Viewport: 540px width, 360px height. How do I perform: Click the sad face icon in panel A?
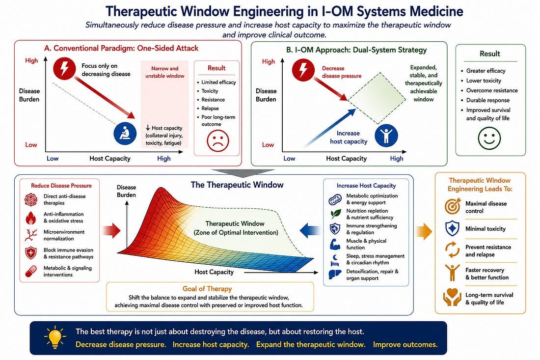(x=217, y=140)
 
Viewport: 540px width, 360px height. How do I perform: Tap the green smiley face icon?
(x=489, y=138)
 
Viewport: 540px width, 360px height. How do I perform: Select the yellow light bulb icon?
(x=55, y=337)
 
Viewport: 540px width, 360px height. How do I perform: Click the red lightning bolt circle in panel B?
(x=303, y=70)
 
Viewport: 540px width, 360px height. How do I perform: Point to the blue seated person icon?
(x=125, y=133)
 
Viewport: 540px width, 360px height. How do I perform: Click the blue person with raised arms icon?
(x=386, y=135)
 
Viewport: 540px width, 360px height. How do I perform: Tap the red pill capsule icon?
(x=31, y=271)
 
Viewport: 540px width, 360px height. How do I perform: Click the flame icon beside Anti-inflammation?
(x=31, y=218)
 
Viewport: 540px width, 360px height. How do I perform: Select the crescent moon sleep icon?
(x=335, y=260)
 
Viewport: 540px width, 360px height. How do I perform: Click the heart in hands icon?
(x=452, y=297)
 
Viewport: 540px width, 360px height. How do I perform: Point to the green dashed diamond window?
(x=377, y=98)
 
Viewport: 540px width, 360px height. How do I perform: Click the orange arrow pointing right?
(x=424, y=231)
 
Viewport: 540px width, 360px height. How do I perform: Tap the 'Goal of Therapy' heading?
(x=207, y=289)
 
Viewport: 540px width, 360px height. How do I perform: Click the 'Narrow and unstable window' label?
(x=164, y=72)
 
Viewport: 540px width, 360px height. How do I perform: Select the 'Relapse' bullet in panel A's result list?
(x=210, y=108)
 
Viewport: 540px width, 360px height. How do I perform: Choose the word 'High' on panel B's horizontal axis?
(x=396, y=159)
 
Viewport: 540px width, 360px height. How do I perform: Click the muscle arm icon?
(x=335, y=244)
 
